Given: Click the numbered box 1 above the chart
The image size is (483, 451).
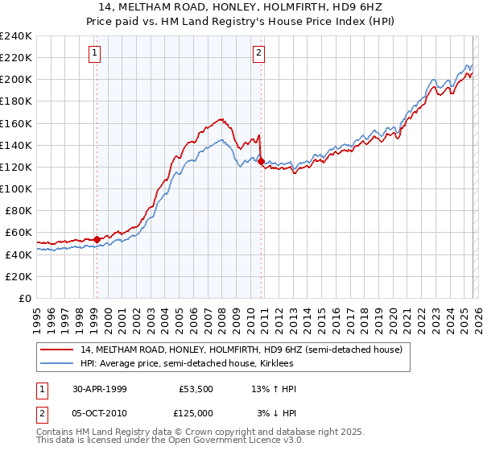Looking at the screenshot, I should [x=95, y=54].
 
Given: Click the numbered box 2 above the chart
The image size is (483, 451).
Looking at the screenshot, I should [x=258, y=54].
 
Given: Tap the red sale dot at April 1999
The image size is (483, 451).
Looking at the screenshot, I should [x=97, y=239].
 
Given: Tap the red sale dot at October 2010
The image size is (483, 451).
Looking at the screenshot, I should [x=261, y=161].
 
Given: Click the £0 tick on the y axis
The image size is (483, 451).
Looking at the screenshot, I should [x=26, y=298].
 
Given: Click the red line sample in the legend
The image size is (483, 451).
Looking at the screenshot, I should [x=59, y=350].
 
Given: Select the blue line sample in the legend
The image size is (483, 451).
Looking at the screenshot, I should [x=59, y=363].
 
